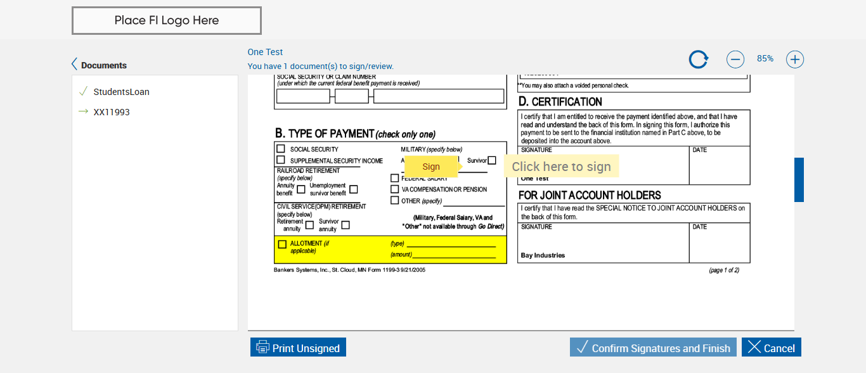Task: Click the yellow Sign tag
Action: tap(431, 167)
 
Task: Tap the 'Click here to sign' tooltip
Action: tap(561, 167)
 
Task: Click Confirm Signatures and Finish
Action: tap(653, 348)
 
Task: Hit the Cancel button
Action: tap(772, 348)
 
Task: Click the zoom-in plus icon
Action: tap(795, 60)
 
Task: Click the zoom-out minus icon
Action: tap(735, 60)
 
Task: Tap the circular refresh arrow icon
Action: tap(699, 60)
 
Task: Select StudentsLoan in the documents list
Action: tap(121, 92)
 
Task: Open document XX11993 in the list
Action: tap(112, 112)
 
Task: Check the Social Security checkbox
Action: tap(281, 149)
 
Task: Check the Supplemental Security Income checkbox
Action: tap(281, 160)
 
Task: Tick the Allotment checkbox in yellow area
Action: tap(282, 244)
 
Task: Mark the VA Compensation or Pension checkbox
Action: tap(395, 189)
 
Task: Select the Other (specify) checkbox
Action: tap(395, 201)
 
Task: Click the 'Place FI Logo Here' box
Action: tap(167, 20)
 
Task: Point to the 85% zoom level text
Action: tap(765, 59)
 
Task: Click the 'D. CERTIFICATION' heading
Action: tap(560, 102)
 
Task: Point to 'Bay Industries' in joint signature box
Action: tap(543, 256)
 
